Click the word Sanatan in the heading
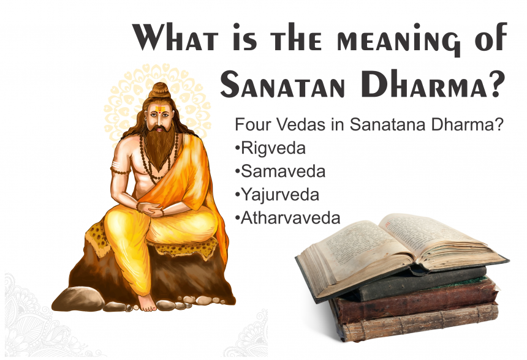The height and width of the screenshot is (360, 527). tap(282, 84)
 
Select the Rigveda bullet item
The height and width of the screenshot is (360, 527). tap(271, 148)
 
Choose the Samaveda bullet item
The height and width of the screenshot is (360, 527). tap(280, 171)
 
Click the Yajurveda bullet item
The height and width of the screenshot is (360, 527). tap(277, 195)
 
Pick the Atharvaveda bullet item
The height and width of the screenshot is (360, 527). tap(287, 218)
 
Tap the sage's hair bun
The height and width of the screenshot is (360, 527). tap(159, 90)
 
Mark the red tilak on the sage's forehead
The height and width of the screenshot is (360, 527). tap(158, 110)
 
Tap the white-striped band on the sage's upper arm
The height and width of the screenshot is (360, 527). tap(116, 165)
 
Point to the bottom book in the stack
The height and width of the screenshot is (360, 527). tap(420, 323)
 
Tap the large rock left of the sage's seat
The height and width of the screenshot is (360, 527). tap(78, 299)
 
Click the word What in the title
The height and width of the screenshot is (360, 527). tap(175, 37)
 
